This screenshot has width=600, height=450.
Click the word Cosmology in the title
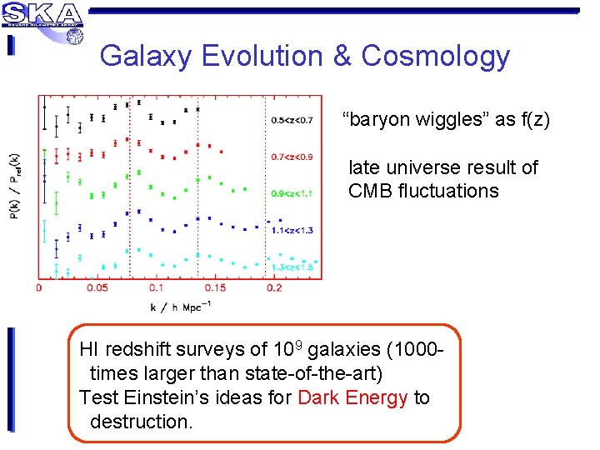[x=435, y=56]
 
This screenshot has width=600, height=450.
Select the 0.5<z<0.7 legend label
[x=292, y=120]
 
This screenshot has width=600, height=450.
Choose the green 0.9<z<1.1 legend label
[x=292, y=193]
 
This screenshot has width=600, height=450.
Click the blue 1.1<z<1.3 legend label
[x=292, y=230]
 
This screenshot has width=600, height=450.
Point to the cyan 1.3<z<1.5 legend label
[x=292, y=266]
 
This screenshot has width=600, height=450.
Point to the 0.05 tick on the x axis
[x=97, y=287]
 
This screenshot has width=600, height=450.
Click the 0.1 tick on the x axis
[x=156, y=287]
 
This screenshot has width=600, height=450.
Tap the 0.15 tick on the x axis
[x=214, y=287]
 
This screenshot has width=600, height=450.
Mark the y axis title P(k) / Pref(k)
[x=13, y=187]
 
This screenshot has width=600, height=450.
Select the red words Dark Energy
[x=352, y=397]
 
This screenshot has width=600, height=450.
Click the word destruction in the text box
[x=140, y=421]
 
